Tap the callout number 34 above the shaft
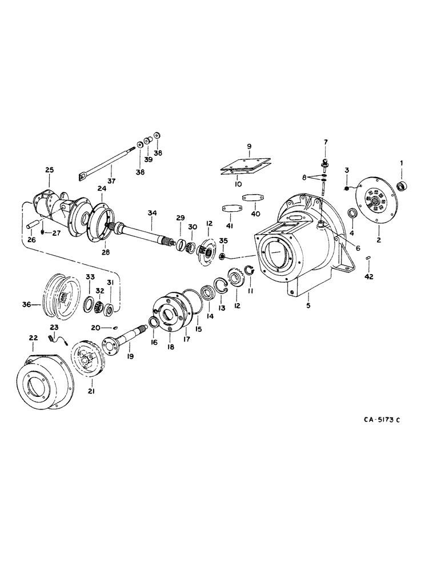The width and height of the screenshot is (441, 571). tap(151, 213)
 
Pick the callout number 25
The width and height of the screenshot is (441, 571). tap(49, 170)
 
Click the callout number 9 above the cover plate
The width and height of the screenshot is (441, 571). tap(248, 146)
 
